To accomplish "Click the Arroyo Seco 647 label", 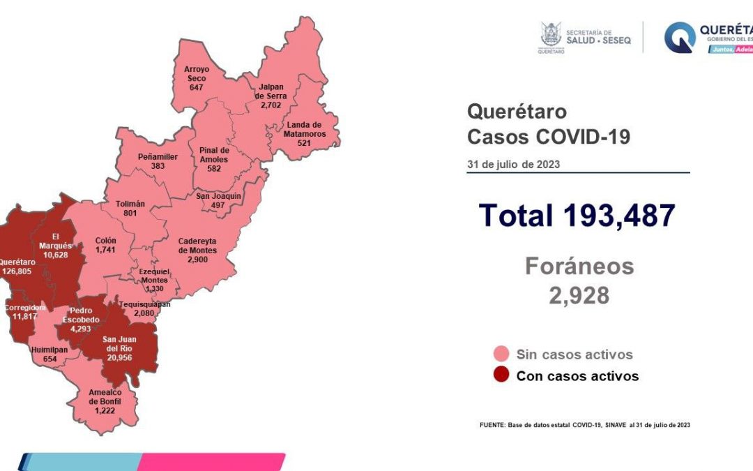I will click(x=196, y=78).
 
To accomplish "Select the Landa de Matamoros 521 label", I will click(x=303, y=133).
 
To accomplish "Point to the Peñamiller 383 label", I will click(x=157, y=162).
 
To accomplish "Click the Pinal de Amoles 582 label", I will click(x=214, y=159).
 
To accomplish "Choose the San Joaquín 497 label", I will click(x=218, y=200).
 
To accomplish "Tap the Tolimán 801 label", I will click(x=130, y=208).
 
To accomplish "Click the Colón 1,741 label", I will click(x=106, y=245).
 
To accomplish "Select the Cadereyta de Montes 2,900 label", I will click(x=197, y=250).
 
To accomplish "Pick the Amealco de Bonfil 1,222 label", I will click(x=106, y=401).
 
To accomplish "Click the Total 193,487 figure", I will click(x=577, y=216).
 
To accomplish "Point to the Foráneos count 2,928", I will click(x=579, y=296).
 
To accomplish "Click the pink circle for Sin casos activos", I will click(x=500, y=354).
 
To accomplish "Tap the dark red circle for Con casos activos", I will click(x=500, y=375).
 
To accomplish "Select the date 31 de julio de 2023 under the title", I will click(x=513, y=165).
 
